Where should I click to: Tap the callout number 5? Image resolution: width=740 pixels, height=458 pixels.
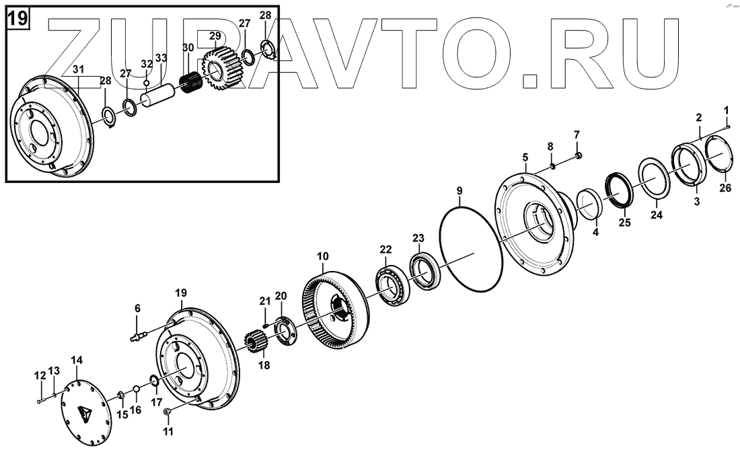[x=525, y=159]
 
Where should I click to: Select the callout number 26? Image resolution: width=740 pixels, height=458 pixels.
[x=725, y=188]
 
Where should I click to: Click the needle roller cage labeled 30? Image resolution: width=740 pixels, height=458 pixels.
[x=193, y=87]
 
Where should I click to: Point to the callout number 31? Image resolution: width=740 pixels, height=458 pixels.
[x=78, y=69]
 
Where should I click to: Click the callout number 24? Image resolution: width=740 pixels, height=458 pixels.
[x=656, y=215]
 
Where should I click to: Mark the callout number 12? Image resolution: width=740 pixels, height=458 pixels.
[x=40, y=375]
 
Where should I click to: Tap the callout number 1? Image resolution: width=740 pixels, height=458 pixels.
[x=726, y=109]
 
